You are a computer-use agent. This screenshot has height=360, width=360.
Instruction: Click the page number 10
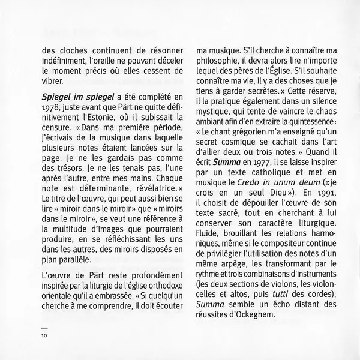[x=44, y=335]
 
